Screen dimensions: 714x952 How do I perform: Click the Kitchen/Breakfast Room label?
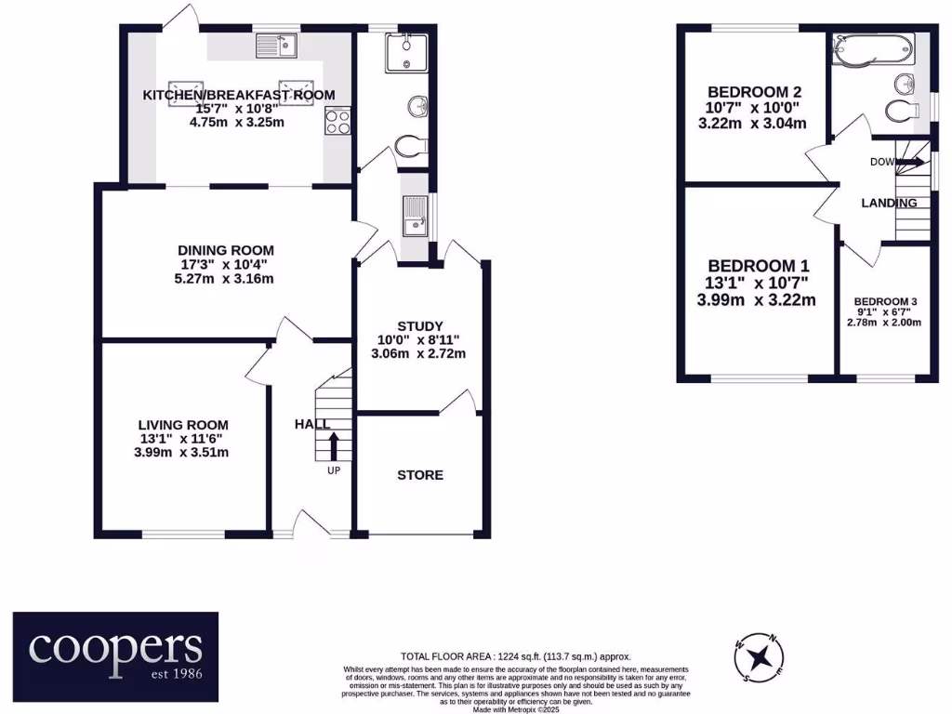238,95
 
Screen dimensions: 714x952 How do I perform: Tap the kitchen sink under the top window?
276,44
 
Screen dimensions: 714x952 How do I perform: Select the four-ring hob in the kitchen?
337,122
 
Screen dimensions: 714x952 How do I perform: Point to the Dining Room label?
226,249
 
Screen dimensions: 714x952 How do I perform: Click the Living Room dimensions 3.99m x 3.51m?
181,453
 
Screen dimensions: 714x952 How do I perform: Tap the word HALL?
312,424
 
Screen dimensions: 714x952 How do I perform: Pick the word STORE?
420,475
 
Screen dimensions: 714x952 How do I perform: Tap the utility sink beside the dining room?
414,217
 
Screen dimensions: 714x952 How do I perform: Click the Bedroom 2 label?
754,92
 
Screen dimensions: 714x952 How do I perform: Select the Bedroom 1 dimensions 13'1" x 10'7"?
758,283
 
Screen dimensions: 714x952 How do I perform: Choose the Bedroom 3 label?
885,302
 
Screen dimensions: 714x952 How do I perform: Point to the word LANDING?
889,203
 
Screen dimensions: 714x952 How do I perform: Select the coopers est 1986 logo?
115,650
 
